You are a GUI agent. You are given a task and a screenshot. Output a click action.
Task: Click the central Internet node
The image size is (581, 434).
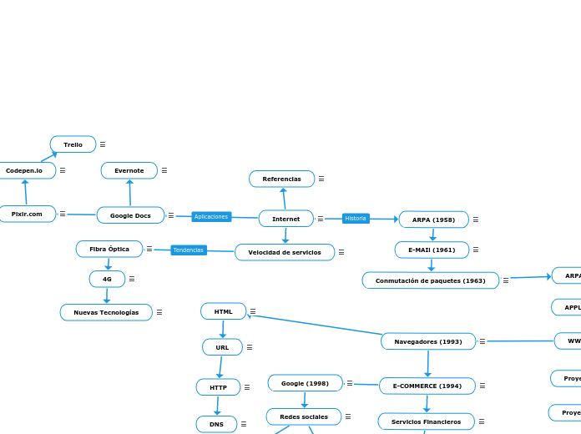(286, 219)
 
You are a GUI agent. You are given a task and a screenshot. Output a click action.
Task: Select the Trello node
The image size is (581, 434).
(73, 144)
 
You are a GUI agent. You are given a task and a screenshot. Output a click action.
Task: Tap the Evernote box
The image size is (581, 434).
(129, 170)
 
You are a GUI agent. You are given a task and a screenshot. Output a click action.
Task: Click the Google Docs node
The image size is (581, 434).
(130, 215)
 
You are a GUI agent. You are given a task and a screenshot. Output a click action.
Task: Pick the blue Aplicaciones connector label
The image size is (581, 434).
(210, 217)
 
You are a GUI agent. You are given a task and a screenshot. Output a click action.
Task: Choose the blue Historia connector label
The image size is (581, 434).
(356, 219)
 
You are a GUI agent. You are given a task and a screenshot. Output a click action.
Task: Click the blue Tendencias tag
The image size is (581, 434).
(189, 250)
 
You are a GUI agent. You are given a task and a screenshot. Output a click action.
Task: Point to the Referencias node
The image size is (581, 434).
(282, 179)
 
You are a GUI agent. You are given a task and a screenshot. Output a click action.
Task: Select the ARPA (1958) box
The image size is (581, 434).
(433, 220)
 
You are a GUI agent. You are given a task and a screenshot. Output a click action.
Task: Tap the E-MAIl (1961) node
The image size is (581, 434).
(432, 250)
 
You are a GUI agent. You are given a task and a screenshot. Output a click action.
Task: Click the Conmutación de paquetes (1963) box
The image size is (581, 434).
(430, 280)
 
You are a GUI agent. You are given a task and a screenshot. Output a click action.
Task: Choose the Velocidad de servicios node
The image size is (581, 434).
(285, 252)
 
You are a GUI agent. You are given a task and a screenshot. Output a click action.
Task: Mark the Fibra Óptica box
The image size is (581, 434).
(109, 249)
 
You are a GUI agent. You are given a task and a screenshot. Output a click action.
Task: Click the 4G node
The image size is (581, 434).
(107, 279)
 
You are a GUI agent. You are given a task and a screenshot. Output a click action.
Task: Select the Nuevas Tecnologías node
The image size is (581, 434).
(106, 312)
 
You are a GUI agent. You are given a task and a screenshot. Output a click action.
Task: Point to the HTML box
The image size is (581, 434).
(223, 311)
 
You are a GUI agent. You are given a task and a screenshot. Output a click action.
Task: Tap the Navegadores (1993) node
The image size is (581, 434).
(428, 341)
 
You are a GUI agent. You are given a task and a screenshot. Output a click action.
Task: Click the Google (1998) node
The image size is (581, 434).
(305, 383)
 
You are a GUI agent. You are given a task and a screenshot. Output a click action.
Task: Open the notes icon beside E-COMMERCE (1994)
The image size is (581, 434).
(482, 386)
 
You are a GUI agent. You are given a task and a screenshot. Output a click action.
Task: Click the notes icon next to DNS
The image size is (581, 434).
(244, 424)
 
